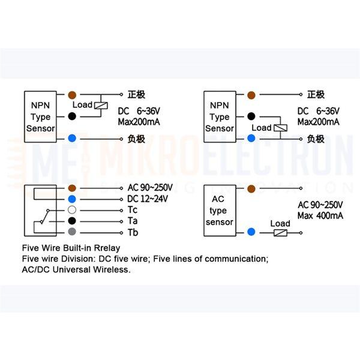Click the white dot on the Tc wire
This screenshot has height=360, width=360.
72,210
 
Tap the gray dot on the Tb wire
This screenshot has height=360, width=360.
72,232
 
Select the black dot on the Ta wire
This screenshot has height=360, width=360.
72,221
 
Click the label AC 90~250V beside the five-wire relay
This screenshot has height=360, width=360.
150,188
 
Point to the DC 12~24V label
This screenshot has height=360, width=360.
148,199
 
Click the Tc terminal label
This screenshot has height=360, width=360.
133,210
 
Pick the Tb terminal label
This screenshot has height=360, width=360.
133,232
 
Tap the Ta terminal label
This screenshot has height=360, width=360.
133,221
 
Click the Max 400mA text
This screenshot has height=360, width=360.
320,215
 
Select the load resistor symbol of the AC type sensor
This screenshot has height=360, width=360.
280,233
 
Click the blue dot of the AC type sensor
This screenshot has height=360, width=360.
251,232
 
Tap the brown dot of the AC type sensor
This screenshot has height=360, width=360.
251,189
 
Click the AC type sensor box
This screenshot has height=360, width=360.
220,211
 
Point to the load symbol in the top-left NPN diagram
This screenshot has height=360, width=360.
101,106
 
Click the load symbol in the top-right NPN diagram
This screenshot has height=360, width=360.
281,128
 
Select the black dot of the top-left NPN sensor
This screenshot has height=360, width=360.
72,116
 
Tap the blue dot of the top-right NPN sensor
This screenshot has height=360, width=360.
251,139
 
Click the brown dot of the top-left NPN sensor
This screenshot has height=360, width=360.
72,95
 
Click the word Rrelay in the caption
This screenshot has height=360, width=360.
107,248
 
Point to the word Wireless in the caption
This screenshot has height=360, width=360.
112,269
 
